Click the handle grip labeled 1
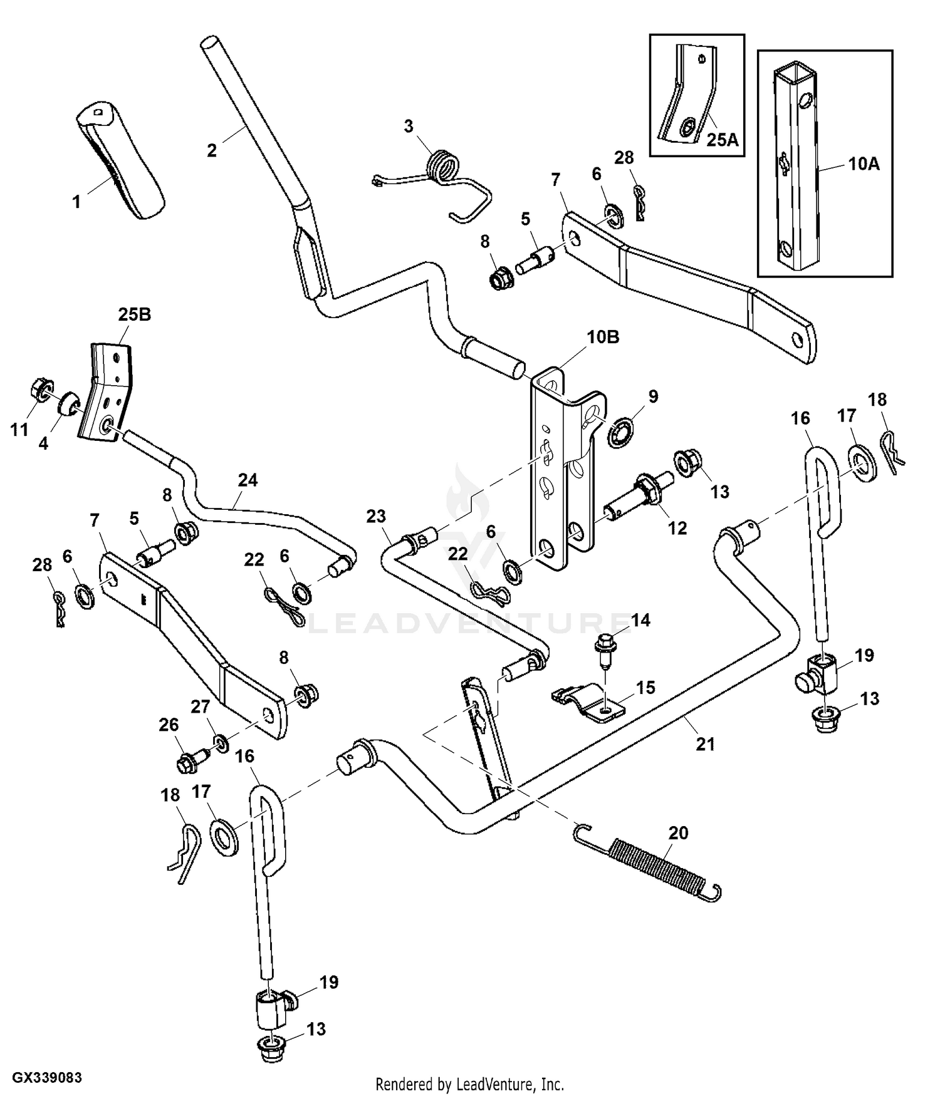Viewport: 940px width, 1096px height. tap(120, 162)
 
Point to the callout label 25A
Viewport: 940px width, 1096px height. tap(723, 140)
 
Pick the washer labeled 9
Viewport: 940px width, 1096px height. tap(621, 433)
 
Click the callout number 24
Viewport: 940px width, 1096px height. tap(248, 480)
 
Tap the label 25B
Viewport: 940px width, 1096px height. tap(134, 314)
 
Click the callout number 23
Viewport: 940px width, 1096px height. tap(376, 517)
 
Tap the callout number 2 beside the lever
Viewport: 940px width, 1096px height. tap(212, 150)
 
